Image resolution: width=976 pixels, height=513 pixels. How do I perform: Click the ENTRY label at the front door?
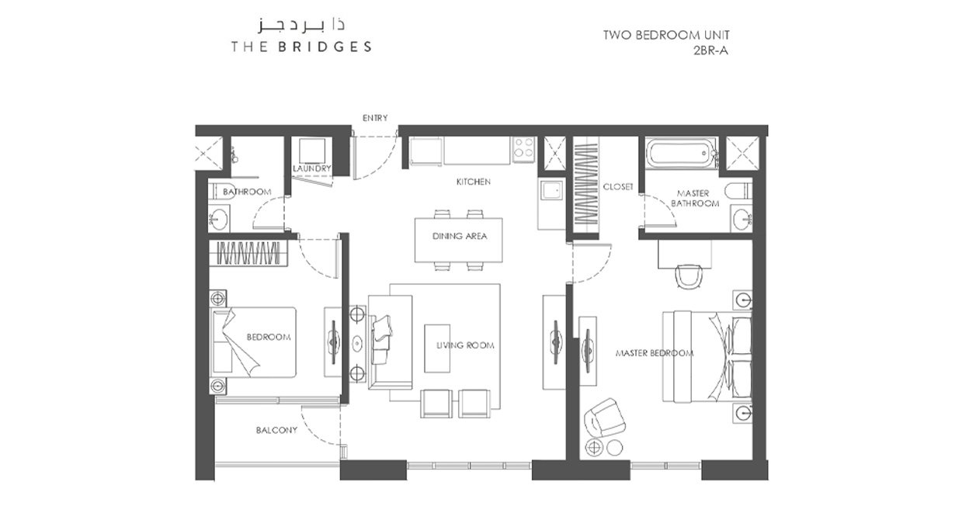(375, 118)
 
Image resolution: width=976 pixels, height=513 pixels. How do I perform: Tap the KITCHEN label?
(473, 182)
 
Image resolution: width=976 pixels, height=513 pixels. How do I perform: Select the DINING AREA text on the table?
(459, 236)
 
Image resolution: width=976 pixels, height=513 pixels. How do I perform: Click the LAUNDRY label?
(312, 168)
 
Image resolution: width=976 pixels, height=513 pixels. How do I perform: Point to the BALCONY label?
(276, 430)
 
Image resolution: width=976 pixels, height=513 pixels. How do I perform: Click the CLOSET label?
(618, 186)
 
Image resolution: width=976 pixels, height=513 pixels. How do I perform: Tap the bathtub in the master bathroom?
(680, 153)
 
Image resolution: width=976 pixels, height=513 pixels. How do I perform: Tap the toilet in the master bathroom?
(738, 191)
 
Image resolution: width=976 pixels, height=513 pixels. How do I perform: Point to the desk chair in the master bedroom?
(689, 276)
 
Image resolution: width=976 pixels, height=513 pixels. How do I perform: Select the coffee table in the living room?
(437, 348)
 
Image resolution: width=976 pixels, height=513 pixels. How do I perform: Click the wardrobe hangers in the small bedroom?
(248, 253)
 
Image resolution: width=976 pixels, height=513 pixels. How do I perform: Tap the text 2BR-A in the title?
(710, 51)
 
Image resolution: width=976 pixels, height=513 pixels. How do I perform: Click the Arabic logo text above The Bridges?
(301, 25)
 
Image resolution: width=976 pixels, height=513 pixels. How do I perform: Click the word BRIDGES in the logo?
(325, 47)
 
